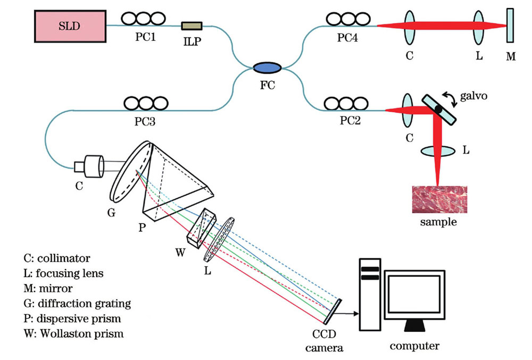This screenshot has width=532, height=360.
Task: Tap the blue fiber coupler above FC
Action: (x=267, y=68)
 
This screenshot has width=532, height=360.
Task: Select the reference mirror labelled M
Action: (x=510, y=25)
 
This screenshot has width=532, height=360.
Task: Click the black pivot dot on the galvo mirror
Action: (x=438, y=109)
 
